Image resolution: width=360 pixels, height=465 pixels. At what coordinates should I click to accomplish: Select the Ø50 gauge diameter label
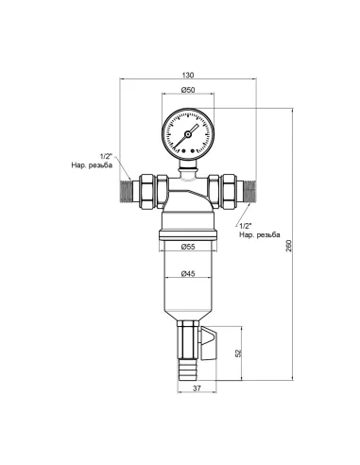click(187, 91)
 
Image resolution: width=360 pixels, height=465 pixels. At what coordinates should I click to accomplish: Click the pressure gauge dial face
click(187, 131)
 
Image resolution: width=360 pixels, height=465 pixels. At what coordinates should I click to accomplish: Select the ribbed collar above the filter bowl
click(187, 228)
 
